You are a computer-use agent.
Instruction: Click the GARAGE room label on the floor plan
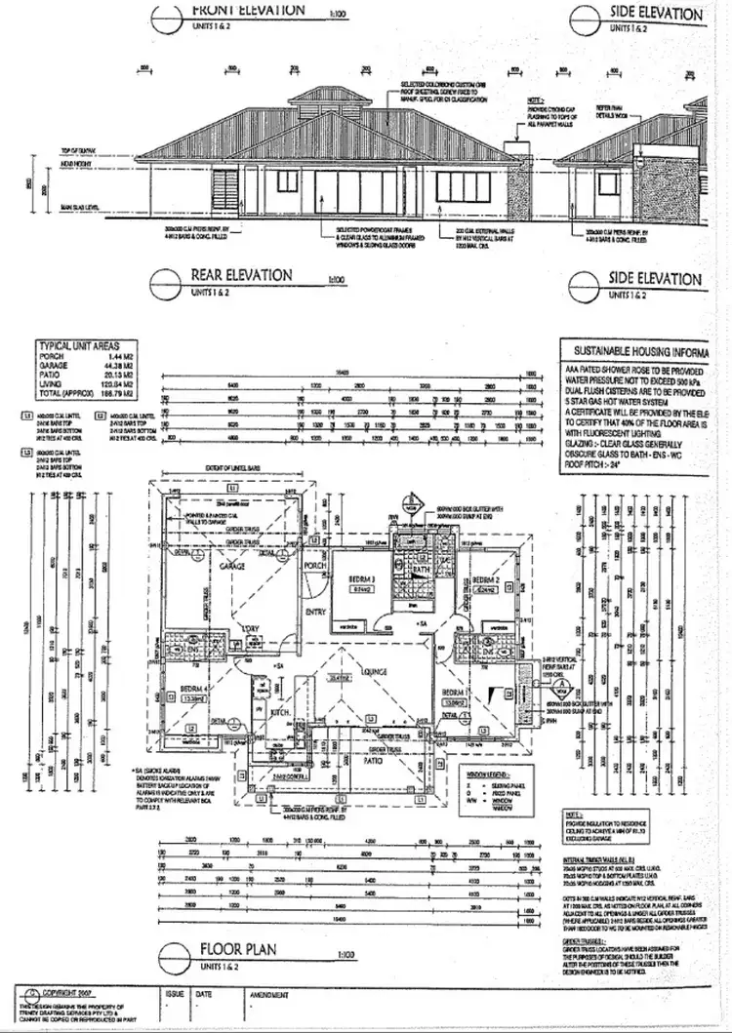point(231,565)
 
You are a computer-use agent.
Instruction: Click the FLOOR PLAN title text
point(238,948)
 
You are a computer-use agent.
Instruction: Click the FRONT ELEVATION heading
point(248,11)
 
